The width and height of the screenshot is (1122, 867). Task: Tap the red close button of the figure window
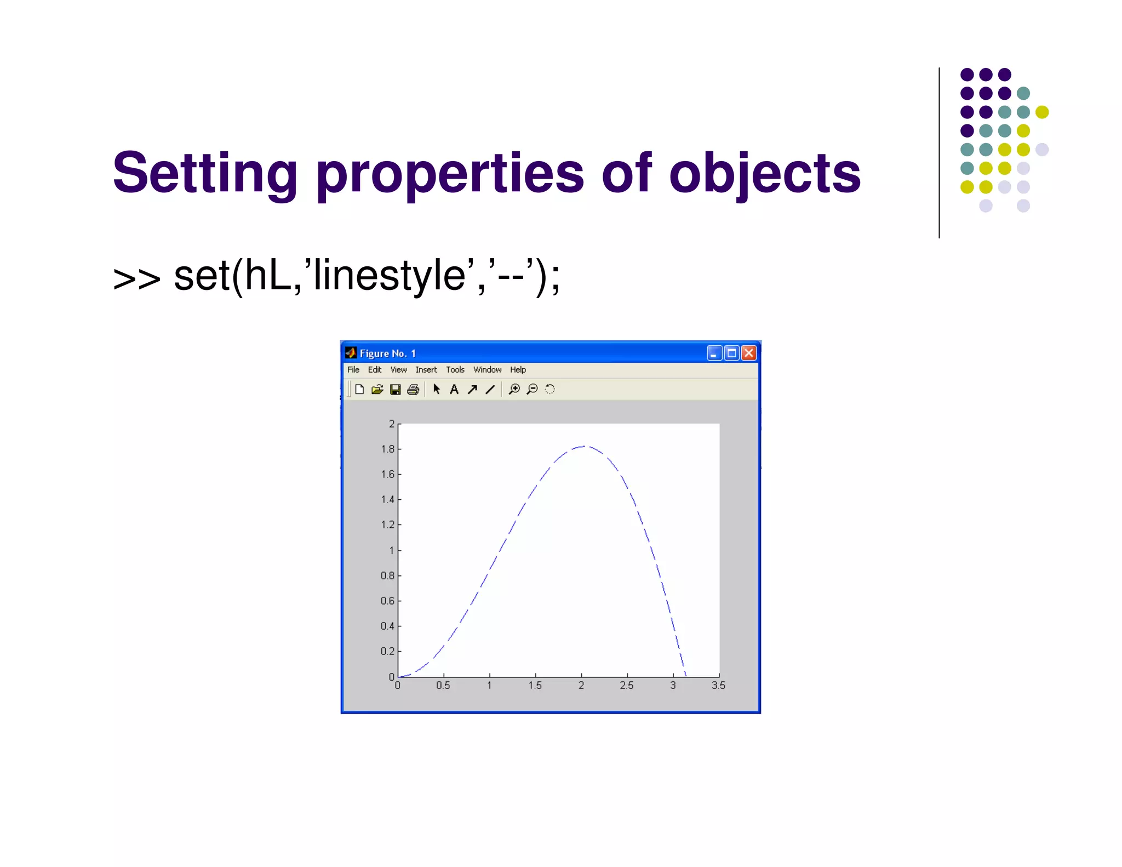click(x=749, y=353)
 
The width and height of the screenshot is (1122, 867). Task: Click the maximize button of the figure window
click(x=731, y=353)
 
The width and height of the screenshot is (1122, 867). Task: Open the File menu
click(x=353, y=370)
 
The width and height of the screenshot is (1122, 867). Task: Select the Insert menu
click(x=426, y=370)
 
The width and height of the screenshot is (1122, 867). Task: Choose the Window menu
click(x=487, y=370)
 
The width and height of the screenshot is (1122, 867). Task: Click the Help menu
click(x=518, y=370)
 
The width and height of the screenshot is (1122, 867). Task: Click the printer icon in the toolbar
click(x=413, y=390)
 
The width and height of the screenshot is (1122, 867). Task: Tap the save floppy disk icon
click(x=395, y=390)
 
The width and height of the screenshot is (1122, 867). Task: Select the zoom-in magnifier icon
click(x=514, y=389)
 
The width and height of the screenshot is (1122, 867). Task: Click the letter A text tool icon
click(x=454, y=390)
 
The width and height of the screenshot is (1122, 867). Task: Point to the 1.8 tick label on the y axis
click(x=387, y=449)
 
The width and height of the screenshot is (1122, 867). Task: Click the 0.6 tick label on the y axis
click(x=387, y=601)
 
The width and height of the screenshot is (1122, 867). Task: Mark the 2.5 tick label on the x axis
click(x=627, y=686)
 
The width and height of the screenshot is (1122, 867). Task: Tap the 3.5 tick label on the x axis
click(x=718, y=686)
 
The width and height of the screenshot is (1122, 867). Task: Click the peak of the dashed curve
click(x=584, y=446)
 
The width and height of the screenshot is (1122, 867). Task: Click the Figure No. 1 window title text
click(x=387, y=353)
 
